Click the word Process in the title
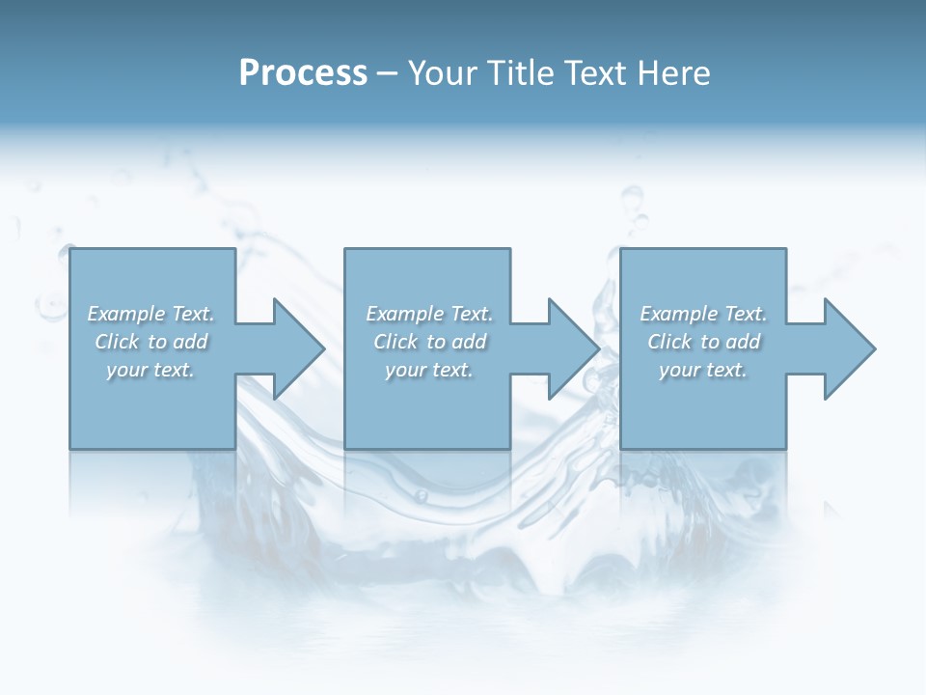tap(303, 73)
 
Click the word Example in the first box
tap(125, 314)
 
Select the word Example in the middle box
tap(404, 314)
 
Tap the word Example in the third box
tap(678, 314)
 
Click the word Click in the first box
tap(117, 342)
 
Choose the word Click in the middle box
tap(395, 342)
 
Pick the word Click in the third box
tap(669, 342)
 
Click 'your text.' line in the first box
tap(150, 370)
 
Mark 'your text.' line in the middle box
tap(429, 370)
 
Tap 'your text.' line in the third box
tap(703, 370)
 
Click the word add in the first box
tap(191, 342)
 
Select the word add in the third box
tap(744, 342)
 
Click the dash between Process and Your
tap(388, 73)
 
